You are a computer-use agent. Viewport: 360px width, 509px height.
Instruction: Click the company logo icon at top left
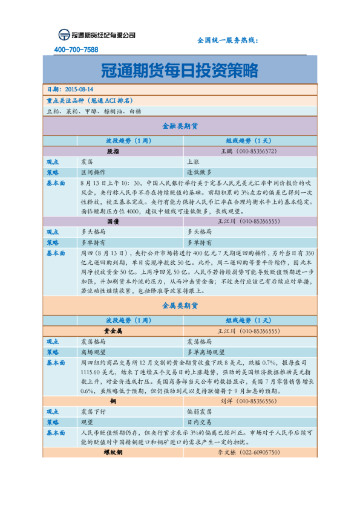coord(64,35)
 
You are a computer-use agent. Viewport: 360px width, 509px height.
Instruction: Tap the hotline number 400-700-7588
coord(76,50)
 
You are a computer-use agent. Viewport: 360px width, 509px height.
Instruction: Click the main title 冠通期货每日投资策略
coord(180,70)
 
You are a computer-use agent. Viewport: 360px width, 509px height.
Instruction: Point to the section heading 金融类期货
coord(180,127)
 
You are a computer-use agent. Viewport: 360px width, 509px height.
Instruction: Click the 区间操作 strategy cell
coord(93,172)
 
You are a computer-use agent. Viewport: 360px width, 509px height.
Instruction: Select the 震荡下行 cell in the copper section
coord(93,411)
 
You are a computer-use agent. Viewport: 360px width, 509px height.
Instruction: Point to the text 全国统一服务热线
coord(227,41)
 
